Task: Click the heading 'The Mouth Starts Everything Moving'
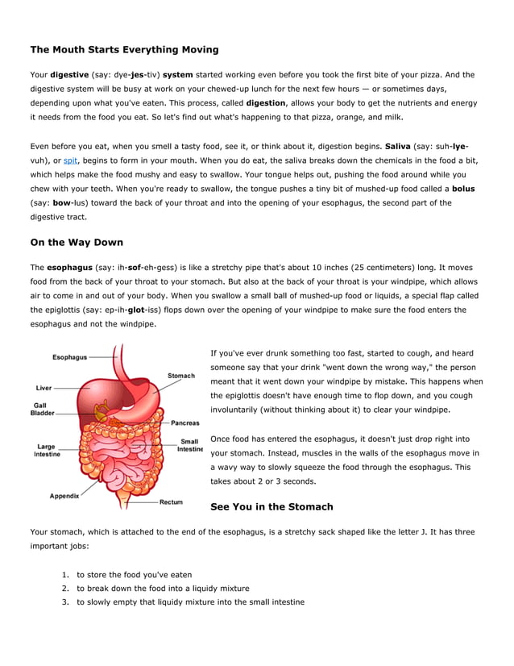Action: [124, 50]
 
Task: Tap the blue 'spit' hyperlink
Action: [70, 160]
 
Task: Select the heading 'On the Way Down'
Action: [77, 242]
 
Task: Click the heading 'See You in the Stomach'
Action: [271, 506]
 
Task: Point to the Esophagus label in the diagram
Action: [70, 357]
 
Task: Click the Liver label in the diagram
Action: [44, 388]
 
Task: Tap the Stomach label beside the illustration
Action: [181, 376]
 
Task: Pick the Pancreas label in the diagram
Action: [185, 422]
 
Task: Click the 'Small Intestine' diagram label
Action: [190, 445]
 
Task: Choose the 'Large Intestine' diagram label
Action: [46, 450]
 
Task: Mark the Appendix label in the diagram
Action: [64, 496]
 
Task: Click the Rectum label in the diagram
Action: [171, 502]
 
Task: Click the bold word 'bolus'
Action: [463, 188]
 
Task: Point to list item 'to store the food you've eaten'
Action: [135, 575]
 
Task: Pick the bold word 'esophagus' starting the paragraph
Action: [68, 266]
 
